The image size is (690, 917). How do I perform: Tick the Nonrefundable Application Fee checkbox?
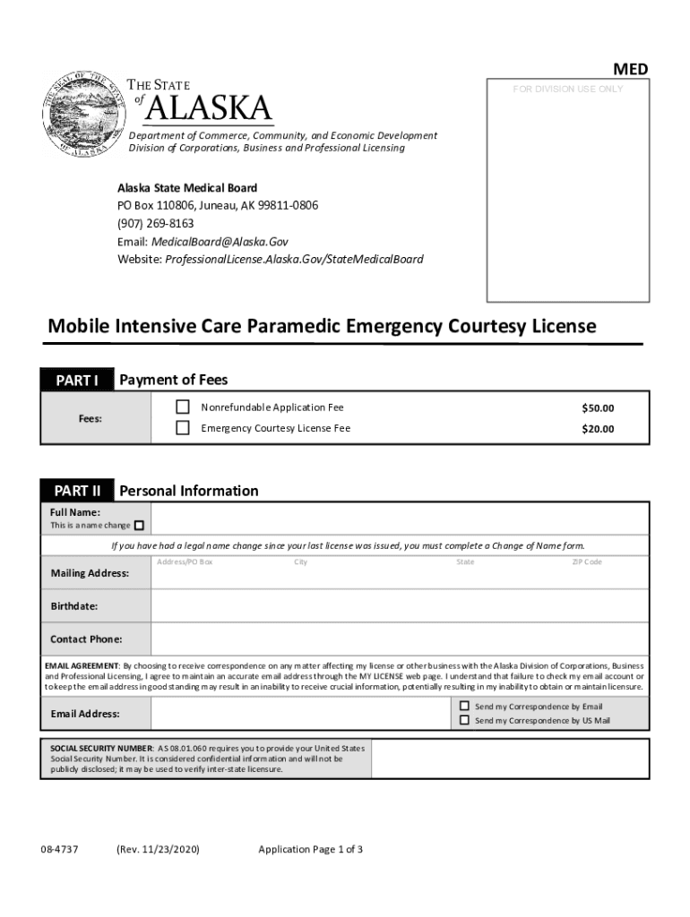183,407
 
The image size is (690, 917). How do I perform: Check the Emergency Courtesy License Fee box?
183,428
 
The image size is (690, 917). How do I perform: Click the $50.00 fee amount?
598,408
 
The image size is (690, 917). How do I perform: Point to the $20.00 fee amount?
598,429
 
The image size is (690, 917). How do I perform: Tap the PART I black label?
77,381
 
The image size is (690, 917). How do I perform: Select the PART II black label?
77,491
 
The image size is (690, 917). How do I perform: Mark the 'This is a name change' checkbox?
139,526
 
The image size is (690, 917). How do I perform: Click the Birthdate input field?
400,606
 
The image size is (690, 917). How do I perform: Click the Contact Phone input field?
400,639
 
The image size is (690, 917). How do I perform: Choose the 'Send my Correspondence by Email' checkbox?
464,706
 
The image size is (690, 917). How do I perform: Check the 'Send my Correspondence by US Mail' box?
464,719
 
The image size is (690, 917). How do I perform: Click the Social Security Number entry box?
509,758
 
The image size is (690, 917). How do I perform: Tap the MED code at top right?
630,70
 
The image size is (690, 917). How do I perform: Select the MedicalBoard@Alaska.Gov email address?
220,242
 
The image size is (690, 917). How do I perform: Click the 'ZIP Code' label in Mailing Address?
587,562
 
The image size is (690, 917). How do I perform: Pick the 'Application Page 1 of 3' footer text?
310,849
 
